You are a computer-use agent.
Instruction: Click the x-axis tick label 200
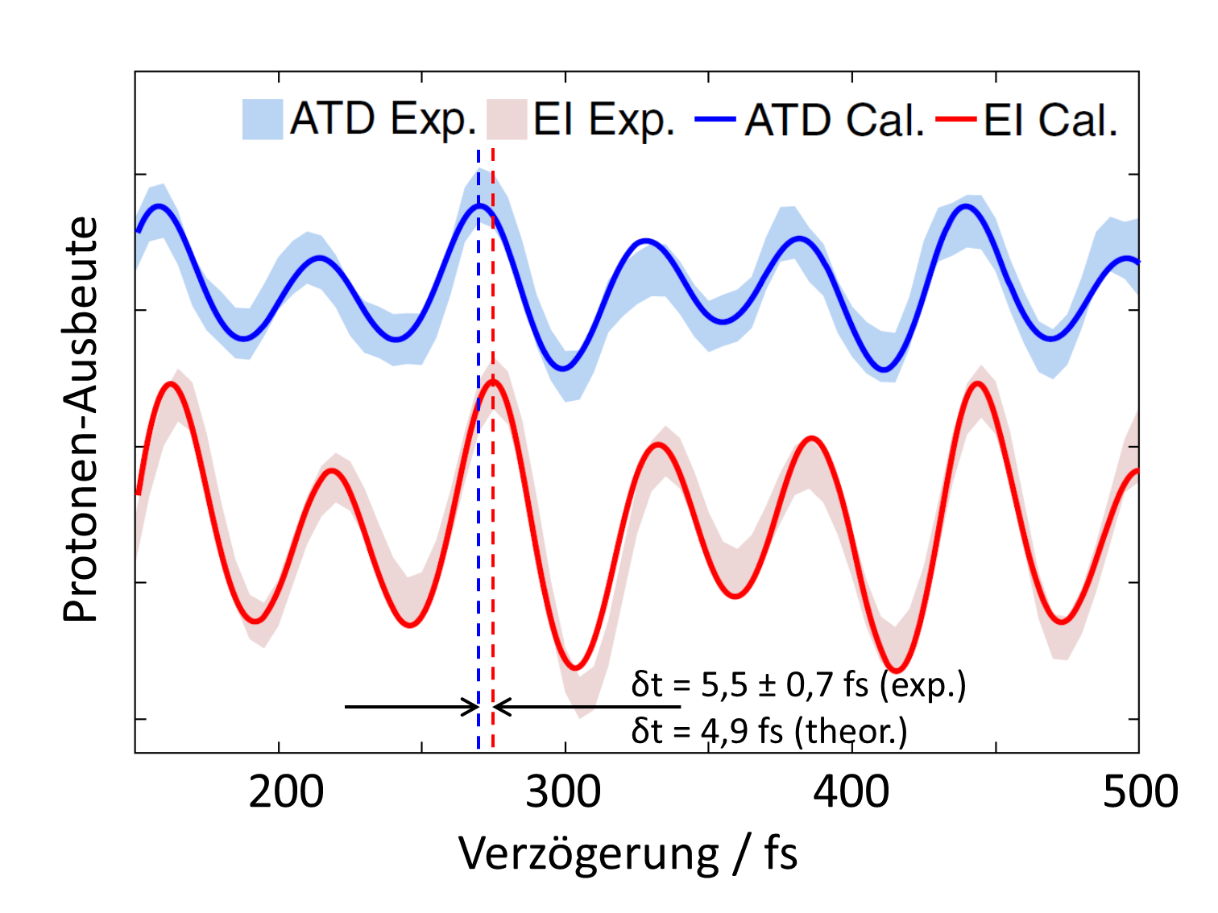(286, 792)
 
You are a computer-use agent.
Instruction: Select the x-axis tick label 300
(563, 792)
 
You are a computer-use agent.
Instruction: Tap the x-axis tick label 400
(851, 792)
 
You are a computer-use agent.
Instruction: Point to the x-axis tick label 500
(1140, 792)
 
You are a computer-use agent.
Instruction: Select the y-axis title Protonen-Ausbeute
(81, 419)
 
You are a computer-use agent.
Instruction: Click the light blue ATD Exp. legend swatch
(263, 119)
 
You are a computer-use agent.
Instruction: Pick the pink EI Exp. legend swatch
(507, 119)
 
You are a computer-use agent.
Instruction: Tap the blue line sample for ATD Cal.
(715, 120)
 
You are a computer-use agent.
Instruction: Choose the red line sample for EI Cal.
(956, 120)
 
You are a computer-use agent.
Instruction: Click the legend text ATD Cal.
(835, 120)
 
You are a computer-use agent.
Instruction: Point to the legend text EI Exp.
(603, 120)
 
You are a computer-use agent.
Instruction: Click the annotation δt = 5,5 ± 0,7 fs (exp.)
(798, 684)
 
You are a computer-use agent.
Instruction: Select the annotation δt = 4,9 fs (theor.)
(769, 730)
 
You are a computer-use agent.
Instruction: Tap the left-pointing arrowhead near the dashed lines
(501, 707)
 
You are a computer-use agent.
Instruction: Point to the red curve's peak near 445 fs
(978, 383)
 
